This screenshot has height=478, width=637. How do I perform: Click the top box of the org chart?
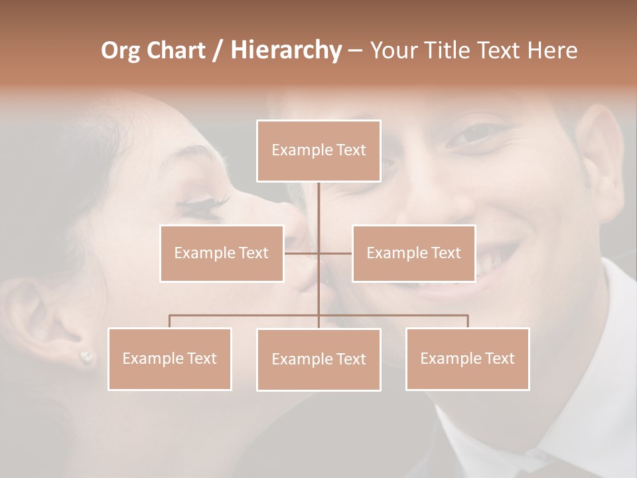click(318, 151)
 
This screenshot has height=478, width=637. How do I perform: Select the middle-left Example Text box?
click(222, 253)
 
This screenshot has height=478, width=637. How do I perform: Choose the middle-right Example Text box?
click(413, 253)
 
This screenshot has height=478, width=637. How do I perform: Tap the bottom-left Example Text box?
click(170, 358)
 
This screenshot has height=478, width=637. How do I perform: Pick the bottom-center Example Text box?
click(318, 359)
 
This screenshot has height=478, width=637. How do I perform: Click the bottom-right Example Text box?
click(467, 358)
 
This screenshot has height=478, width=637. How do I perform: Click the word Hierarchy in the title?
click(286, 50)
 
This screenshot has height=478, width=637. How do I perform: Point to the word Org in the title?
click(120, 50)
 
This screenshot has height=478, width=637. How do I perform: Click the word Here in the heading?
click(552, 50)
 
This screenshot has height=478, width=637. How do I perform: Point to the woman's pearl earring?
click(86, 358)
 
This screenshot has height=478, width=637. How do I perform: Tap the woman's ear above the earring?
click(46, 312)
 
